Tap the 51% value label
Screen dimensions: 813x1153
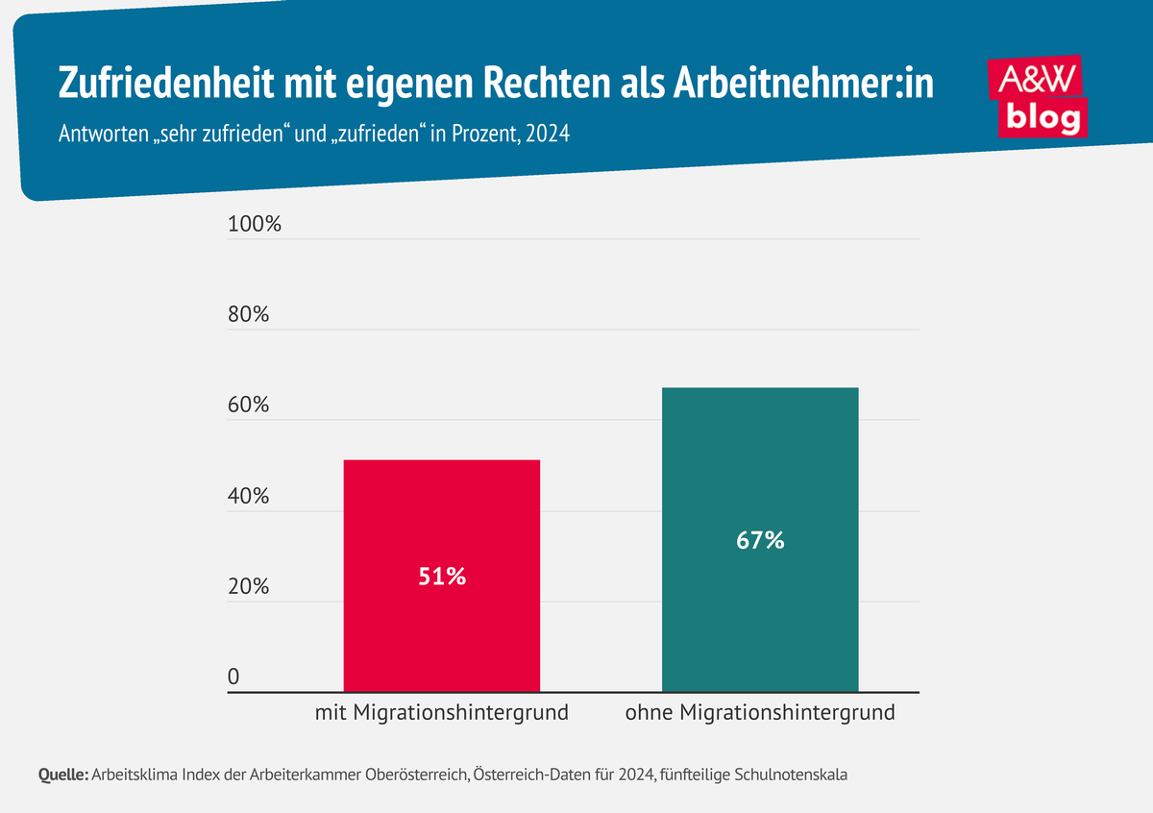tap(441, 577)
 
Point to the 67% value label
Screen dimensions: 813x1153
tap(760, 541)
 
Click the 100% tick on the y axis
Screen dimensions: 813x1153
tap(254, 225)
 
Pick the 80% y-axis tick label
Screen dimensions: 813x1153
tap(248, 315)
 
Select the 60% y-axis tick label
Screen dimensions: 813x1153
tap(248, 406)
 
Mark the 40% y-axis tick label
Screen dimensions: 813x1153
tap(248, 497)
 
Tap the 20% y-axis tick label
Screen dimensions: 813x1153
tap(248, 587)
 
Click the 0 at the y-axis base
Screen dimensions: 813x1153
tap(233, 677)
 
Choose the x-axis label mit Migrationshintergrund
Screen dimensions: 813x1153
tap(441, 713)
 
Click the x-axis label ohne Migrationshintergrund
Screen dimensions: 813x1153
tap(759, 713)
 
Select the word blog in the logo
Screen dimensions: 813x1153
tap(1043, 117)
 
